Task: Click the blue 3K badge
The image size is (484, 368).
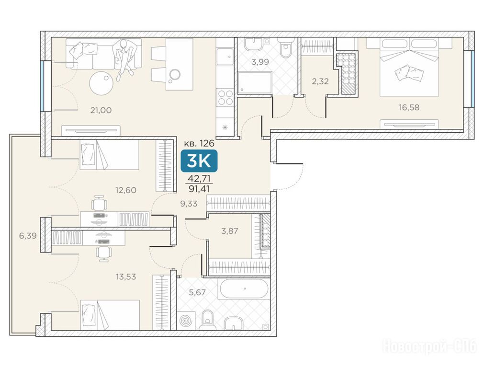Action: [199, 161]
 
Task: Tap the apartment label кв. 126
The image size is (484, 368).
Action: [199, 143]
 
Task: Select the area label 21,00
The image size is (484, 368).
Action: [101, 110]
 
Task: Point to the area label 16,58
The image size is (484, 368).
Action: [409, 107]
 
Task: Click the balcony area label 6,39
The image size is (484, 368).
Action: [28, 236]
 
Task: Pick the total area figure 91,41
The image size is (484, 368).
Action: [199, 188]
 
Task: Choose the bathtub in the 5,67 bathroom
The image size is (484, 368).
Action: [244, 288]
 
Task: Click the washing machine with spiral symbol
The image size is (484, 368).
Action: [186, 321]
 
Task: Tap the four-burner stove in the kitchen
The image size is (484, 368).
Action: [225, 97]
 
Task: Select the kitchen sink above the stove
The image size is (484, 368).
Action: [225, 57]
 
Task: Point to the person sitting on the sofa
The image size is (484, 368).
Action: [124, 59]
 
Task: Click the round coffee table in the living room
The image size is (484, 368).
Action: [101, 82]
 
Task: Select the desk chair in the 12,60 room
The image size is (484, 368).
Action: [100, 203]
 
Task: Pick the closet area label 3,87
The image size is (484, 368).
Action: [230, 231]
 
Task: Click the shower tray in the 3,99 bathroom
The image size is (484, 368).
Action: [255, 82]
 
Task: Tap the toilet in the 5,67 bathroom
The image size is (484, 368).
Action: [207, 320]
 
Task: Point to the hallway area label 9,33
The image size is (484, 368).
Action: [189, 204]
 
